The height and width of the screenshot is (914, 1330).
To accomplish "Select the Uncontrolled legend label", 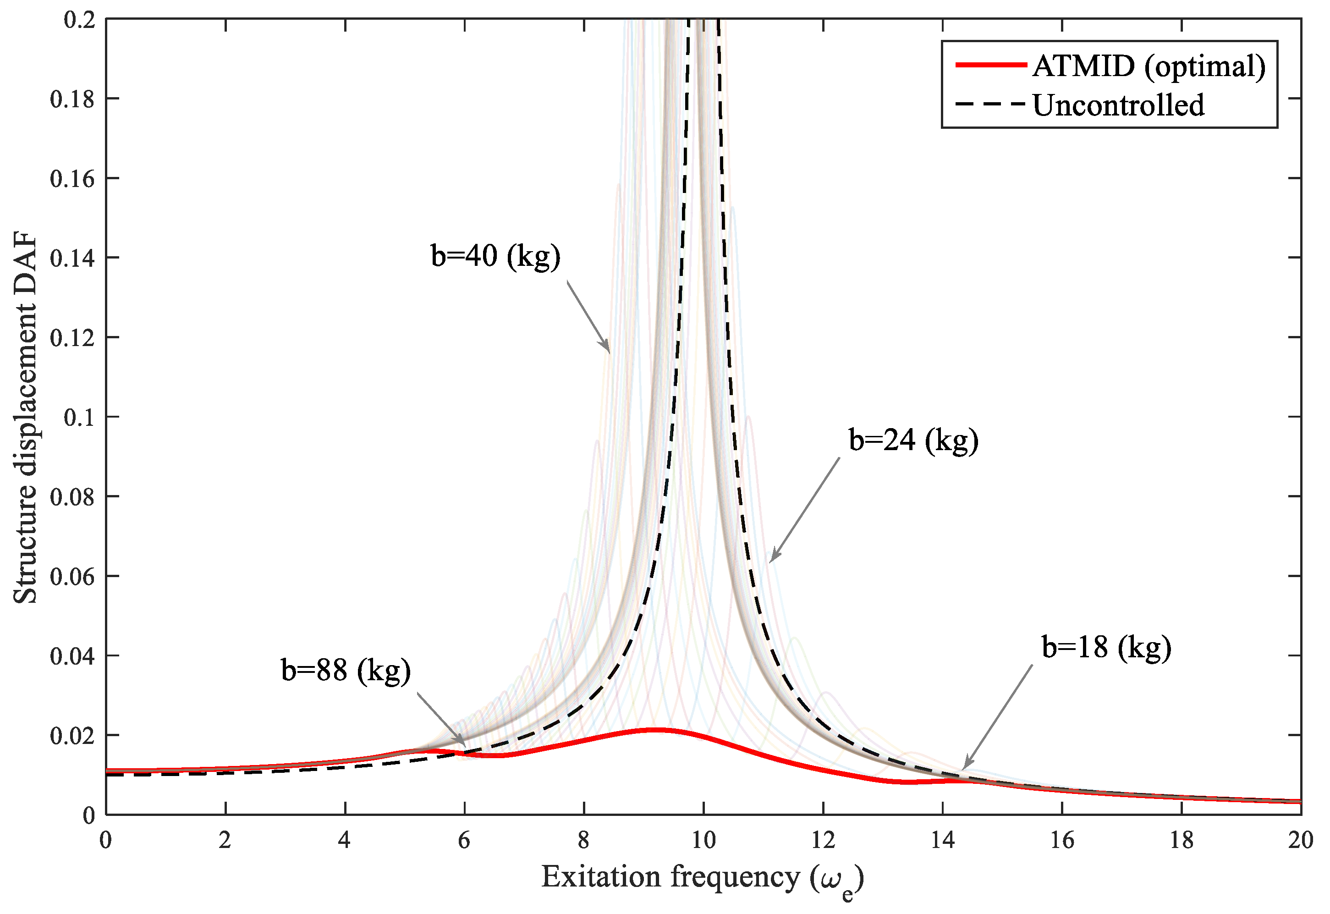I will click(x=1118, y=105).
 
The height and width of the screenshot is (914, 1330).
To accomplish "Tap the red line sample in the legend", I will click(x=990, y=65).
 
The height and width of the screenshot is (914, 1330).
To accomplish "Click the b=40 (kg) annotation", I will click(x=495, y=256).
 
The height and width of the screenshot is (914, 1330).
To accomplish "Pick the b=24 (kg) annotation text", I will click(x=913, y=440).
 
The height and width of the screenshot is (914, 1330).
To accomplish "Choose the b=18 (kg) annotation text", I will click(x=1106, y=648).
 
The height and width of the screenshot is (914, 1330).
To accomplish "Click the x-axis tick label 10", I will click(x=703, y=840).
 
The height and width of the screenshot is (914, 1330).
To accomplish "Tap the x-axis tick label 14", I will click(x=942, y=840).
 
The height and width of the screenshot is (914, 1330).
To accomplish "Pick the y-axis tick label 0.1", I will click(x=79, y=418).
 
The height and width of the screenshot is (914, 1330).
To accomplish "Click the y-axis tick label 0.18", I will click(x=72, y=99).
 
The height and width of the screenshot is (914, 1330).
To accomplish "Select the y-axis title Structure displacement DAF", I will click(x=25, y=418).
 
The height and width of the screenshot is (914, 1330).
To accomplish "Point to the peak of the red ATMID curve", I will click(x=659, y=730).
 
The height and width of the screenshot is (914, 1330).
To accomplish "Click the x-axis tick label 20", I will click(x=1300, y=840).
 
